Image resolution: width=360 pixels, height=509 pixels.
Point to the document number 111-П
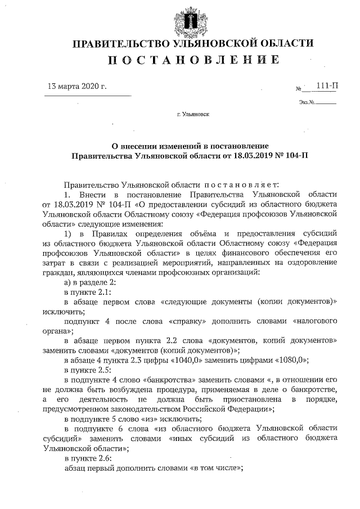[327, 85]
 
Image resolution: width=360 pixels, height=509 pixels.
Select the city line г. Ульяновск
[192, 114]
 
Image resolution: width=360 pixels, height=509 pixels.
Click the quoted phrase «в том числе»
[217, 469]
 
